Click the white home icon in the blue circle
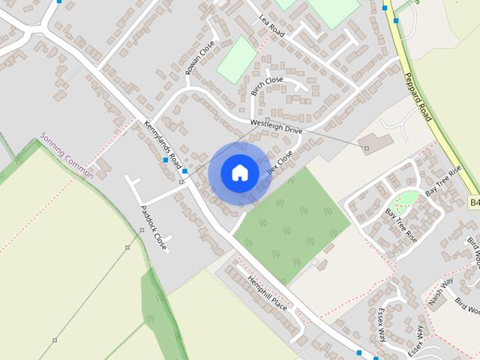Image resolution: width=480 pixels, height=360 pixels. point(239,172)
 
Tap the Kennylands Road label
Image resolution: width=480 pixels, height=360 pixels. point(163,143)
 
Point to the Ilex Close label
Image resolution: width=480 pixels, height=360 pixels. point(280,164)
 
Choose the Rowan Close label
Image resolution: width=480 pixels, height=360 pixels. point(199,58)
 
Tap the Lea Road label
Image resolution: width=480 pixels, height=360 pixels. point(272,26)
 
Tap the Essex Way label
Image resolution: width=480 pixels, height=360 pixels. point(382,324)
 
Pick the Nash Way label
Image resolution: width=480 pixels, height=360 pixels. point(442,291)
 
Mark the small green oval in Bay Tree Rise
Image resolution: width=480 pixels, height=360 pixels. point(408,198)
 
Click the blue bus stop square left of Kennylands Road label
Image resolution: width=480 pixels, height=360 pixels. point(165,160)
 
